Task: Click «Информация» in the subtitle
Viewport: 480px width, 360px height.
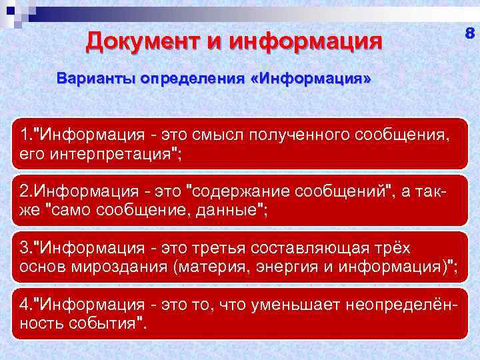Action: [314, 79]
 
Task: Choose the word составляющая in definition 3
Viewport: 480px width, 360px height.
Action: [313, 248]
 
